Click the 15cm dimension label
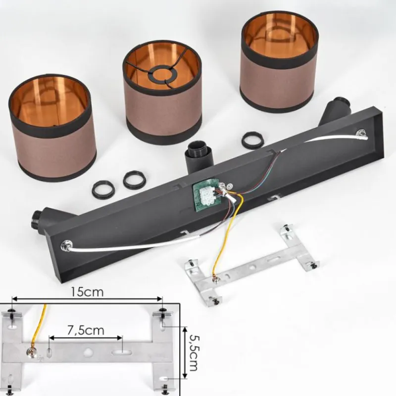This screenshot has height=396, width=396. tap(87, 292)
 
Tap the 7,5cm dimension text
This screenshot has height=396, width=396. tap(86, 331)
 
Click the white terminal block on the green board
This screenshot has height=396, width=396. tap(206, 195)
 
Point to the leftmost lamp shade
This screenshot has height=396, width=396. tap(52, 127)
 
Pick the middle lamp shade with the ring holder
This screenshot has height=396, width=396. tap(162, 93)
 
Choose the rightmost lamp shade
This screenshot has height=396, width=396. tap(279, 61)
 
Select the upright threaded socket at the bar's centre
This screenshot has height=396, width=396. tap(197, 156)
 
